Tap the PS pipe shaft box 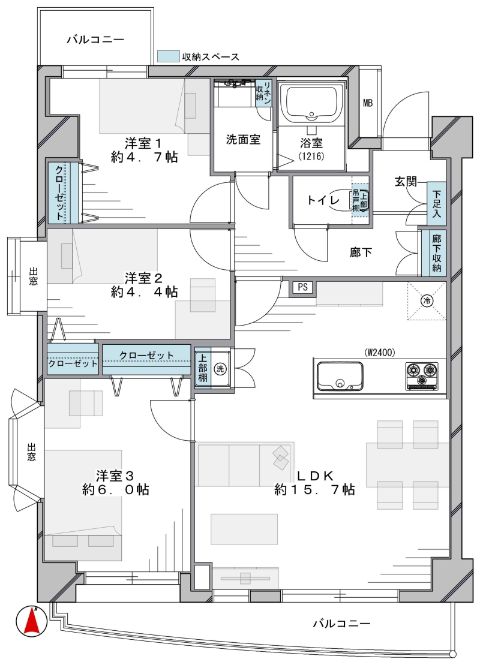pyautogui.click(x=303, y=287)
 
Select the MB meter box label pyautogui.click(x=368, y=103)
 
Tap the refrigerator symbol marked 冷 pyautogui.click(x=427, y=300)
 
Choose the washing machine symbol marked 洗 pyautogui.click(x=220, y=368)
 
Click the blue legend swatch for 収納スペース pyautogui.click(x=168, y=56)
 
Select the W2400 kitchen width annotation pyautogui.click(x=380, y=353)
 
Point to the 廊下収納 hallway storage pyautogui.click(x=436, y=253)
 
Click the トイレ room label pyautogui.click(x=323, y=200)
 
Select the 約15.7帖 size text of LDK pyautogui.click(x=315, y=489)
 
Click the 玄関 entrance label pyautogui.click(x=406, y=182)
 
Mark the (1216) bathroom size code pyautogui.click(x=311, y=156)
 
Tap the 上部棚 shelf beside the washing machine pyautogui.click(x=202, y=368)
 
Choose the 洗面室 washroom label pyautogui.click(x=243, y=140)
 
